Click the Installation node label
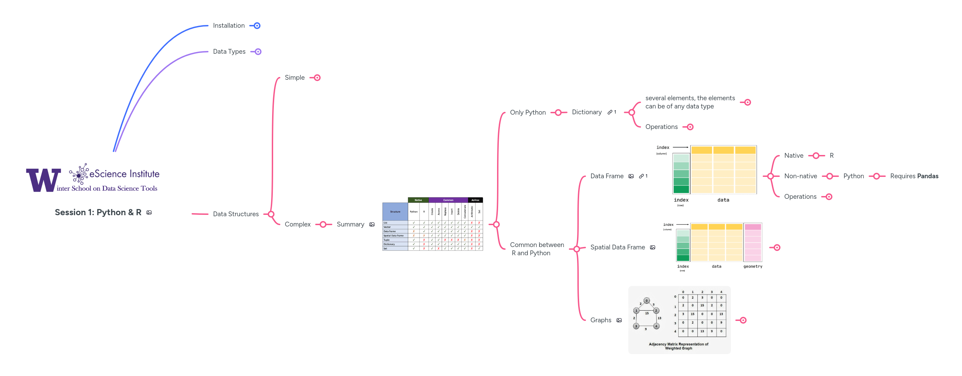(x=229, y=25)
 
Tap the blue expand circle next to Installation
(x=257, y=26)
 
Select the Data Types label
(x=229, y=52)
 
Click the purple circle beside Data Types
(x=258, y=52)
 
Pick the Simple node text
(x=294, y=77)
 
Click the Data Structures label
(x=236, y=214)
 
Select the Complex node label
(x=297, y=224)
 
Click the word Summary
(x=350, y=224)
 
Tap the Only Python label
(x=527, y=112)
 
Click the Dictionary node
(x=586, y=112)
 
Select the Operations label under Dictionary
(x=661, y=127)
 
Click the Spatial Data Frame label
(x=617, y=247)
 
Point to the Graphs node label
(x=601, y=320)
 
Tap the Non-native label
(x=800, y=176)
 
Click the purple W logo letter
(x=43, y=180)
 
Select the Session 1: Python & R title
(x=98, y=212)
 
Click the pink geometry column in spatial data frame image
(x=752, y=243)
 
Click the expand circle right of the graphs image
(x=743, y=320)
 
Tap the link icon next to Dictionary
(x=610, y=112)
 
